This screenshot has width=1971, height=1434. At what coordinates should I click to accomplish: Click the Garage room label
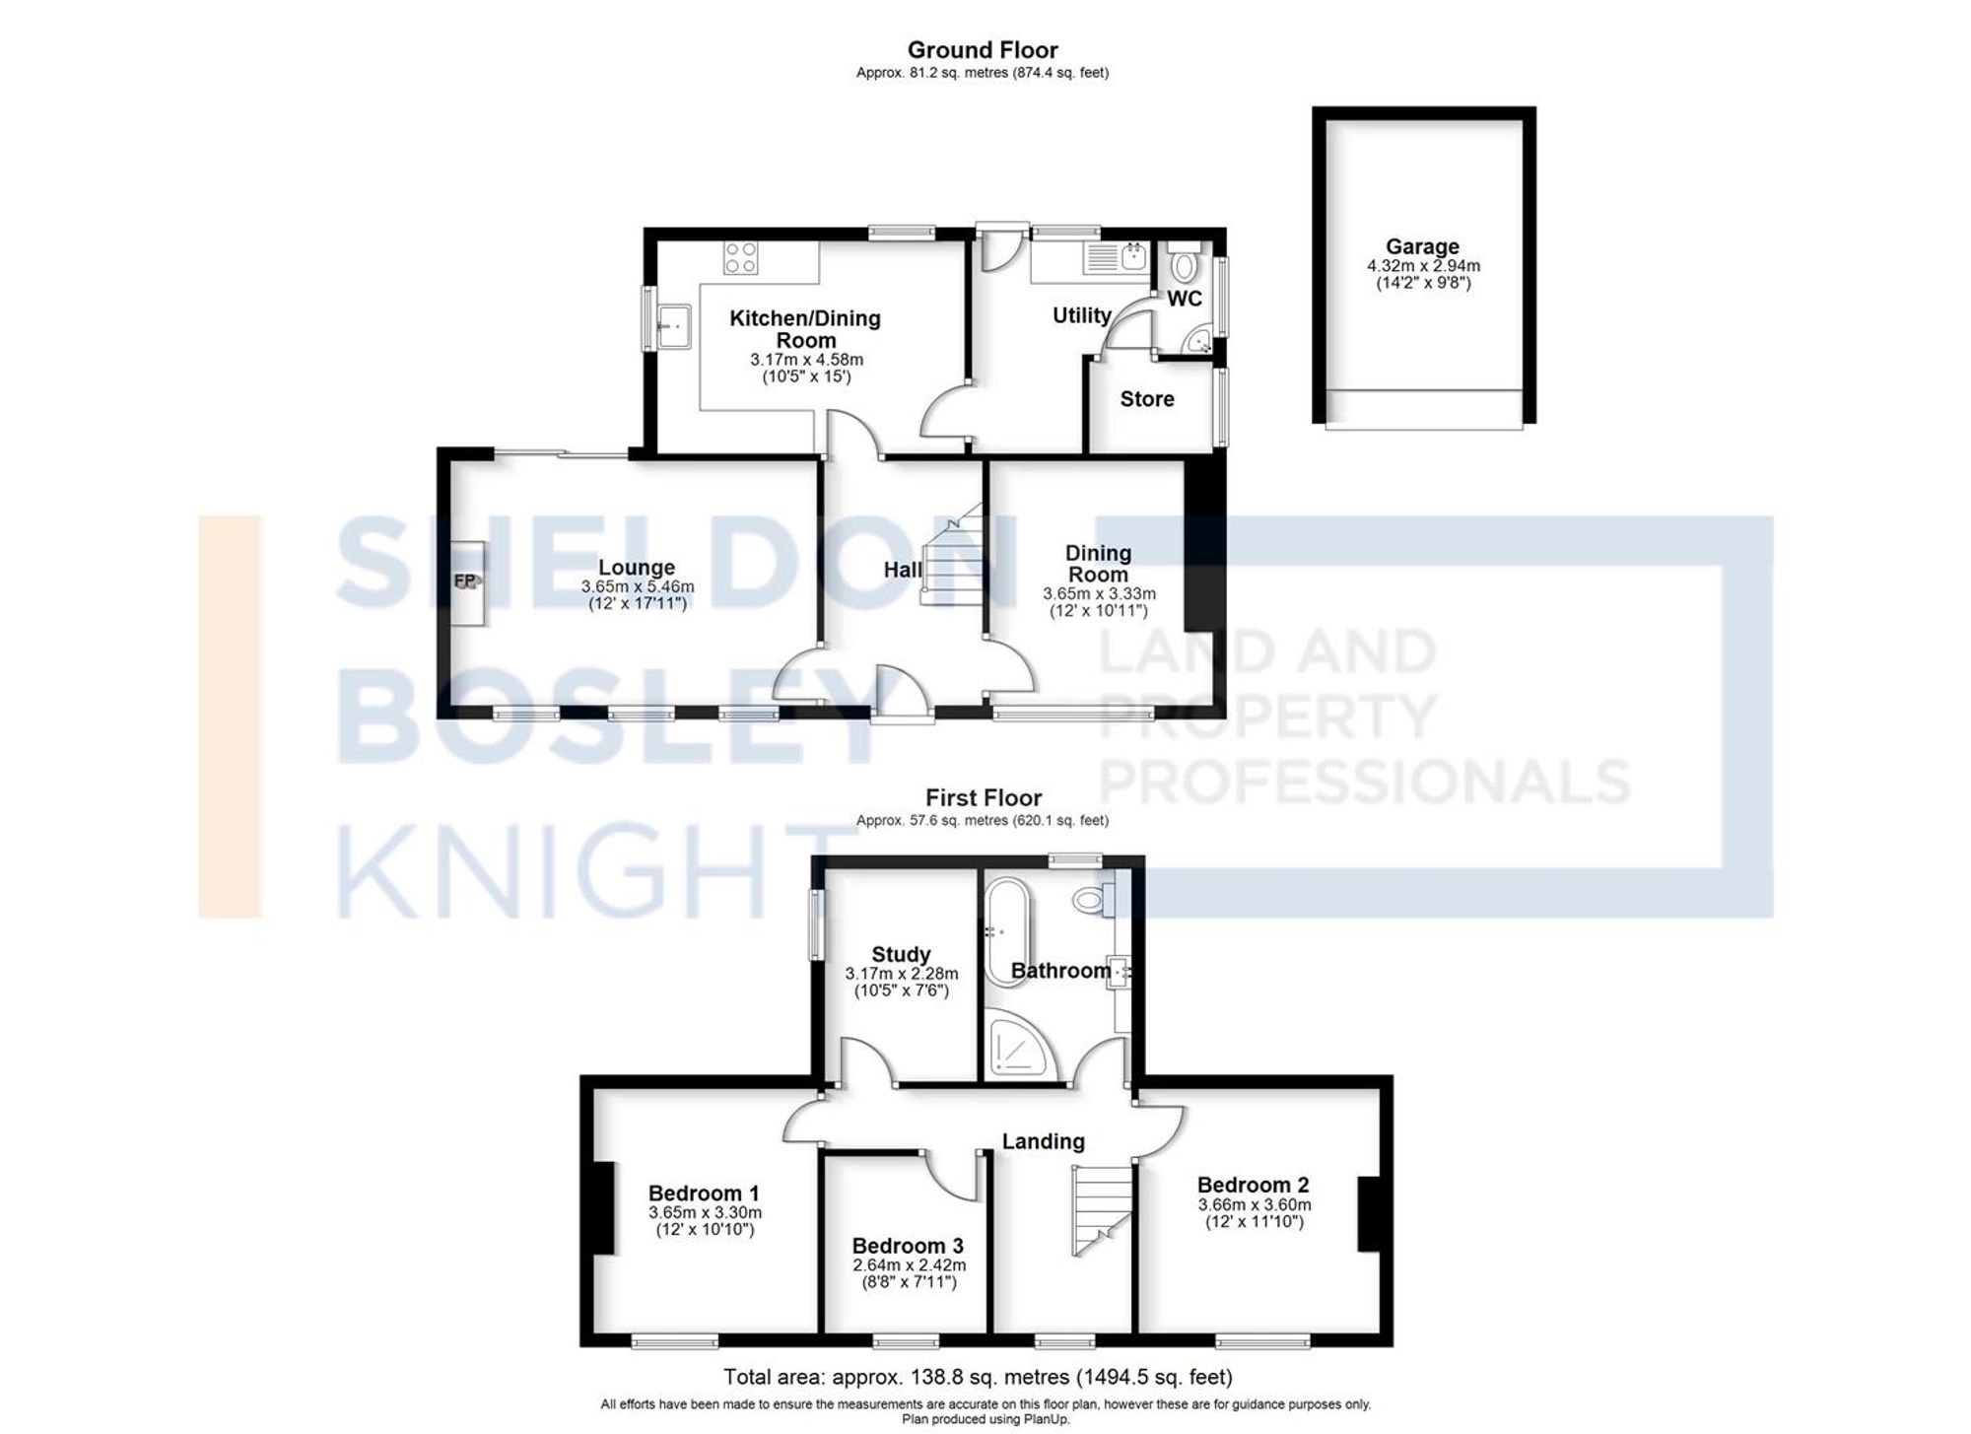[1421, 246]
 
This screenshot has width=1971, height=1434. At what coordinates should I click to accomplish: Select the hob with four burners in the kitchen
[740, 258]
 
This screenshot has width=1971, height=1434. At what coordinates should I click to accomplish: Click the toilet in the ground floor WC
[1183, 265]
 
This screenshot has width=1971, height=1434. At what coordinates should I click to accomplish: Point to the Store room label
[1146, 399]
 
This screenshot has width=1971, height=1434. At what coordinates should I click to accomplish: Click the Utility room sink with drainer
[1117, 259]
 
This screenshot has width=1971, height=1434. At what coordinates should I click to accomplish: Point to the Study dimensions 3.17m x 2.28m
[901, 974]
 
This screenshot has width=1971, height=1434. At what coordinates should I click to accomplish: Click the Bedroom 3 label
[907, 1246]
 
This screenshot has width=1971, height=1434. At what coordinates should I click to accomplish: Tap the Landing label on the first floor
[1043, 1141]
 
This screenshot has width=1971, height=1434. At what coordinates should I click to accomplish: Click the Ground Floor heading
[982, 50]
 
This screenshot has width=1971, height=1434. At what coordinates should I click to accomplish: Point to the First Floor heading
[983, 797]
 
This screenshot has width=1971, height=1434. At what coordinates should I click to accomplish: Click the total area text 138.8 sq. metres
[978, 1377]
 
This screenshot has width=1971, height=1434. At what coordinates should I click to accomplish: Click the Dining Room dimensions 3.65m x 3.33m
[1099, 594]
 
